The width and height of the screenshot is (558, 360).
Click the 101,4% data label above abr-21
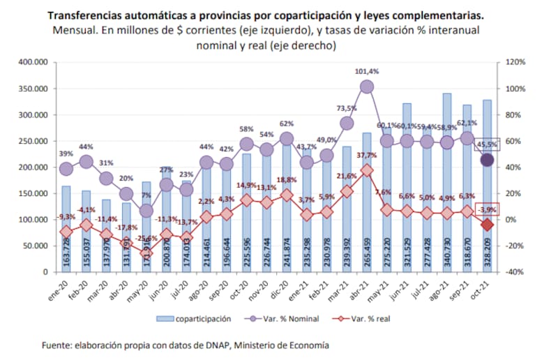tap(367, 71)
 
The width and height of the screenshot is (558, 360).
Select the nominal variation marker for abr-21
tap(367, 87)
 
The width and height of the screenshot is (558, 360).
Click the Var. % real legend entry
tap(367, 318)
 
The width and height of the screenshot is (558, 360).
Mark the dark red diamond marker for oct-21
tap(488, 225)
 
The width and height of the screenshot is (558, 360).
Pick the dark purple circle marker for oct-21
tap(488, 160)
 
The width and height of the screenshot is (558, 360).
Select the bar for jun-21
tap(407, 188)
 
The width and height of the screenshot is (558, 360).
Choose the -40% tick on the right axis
tap(513, 272)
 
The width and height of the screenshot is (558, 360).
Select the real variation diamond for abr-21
tap(367, 170)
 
